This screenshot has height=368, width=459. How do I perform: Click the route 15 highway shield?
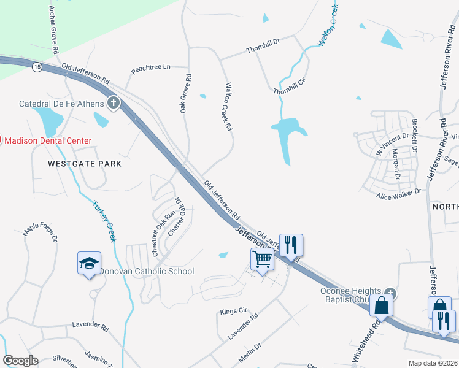(37, 67)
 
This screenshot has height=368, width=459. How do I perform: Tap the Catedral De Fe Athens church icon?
(114, 102)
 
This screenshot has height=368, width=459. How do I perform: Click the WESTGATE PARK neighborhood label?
(85, 164)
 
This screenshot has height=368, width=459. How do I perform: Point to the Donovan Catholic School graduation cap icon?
(90, 264)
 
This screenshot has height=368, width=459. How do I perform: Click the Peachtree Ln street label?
(150, 67)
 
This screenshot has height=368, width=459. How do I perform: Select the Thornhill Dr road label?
(263, 44)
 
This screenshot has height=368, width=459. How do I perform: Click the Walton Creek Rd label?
(228, 107)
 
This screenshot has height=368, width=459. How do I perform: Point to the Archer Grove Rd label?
(53, 29)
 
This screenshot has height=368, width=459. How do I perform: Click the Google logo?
(21, 361)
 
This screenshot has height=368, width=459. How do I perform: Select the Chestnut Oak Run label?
(164, 233)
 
